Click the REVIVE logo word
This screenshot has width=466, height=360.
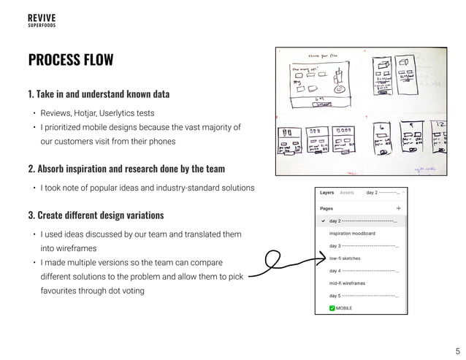pos(41,17)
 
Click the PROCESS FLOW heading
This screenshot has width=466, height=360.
pos(71,60)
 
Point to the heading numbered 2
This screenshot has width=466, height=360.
pos(126,169)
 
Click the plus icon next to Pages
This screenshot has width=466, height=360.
pos(398,207)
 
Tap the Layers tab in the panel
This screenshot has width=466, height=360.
pos(326,193)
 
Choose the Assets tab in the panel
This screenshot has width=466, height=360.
pos(347,193)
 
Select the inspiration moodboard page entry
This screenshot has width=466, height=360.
pos(352,234)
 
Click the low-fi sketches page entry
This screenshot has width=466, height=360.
pos(345,258)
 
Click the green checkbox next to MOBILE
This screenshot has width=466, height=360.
pos(332,308)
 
